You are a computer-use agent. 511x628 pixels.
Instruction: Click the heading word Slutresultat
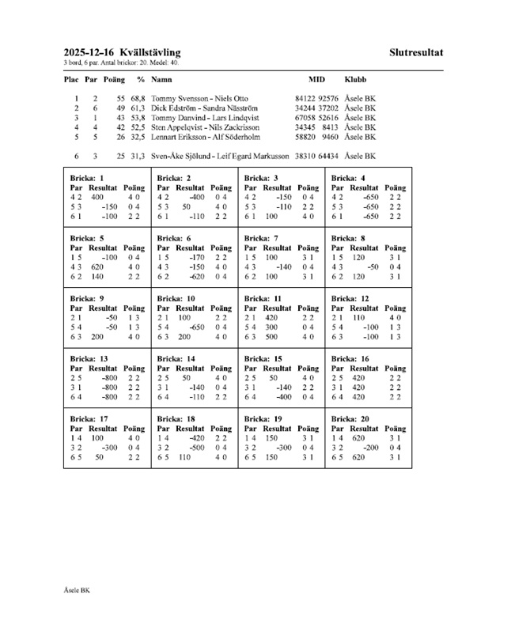416,53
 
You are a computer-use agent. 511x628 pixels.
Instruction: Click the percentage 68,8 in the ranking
138,98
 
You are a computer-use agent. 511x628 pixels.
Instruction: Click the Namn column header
162,80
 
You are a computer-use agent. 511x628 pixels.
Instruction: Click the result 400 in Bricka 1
98,197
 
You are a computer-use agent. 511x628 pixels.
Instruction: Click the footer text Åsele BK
78,589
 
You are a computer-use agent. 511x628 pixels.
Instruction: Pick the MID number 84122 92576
316,98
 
